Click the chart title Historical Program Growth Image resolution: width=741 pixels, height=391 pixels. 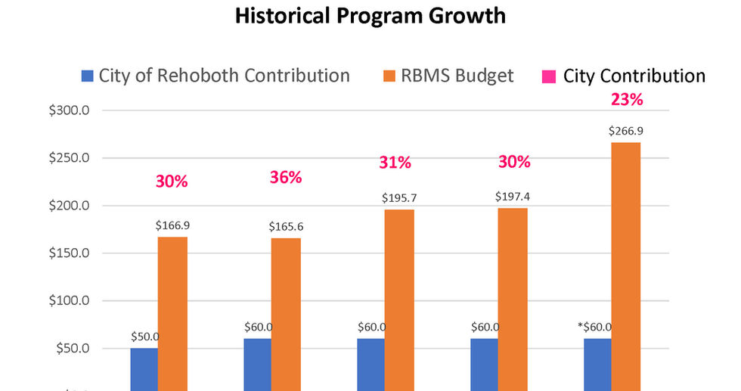[x=370, y=16]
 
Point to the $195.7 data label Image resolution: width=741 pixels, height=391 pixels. [x=398, y=197]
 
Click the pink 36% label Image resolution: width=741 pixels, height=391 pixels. [x=286, y=178]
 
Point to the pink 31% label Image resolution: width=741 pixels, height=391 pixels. [x=395, y=163]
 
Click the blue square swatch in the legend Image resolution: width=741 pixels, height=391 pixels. [x=88, y=76]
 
